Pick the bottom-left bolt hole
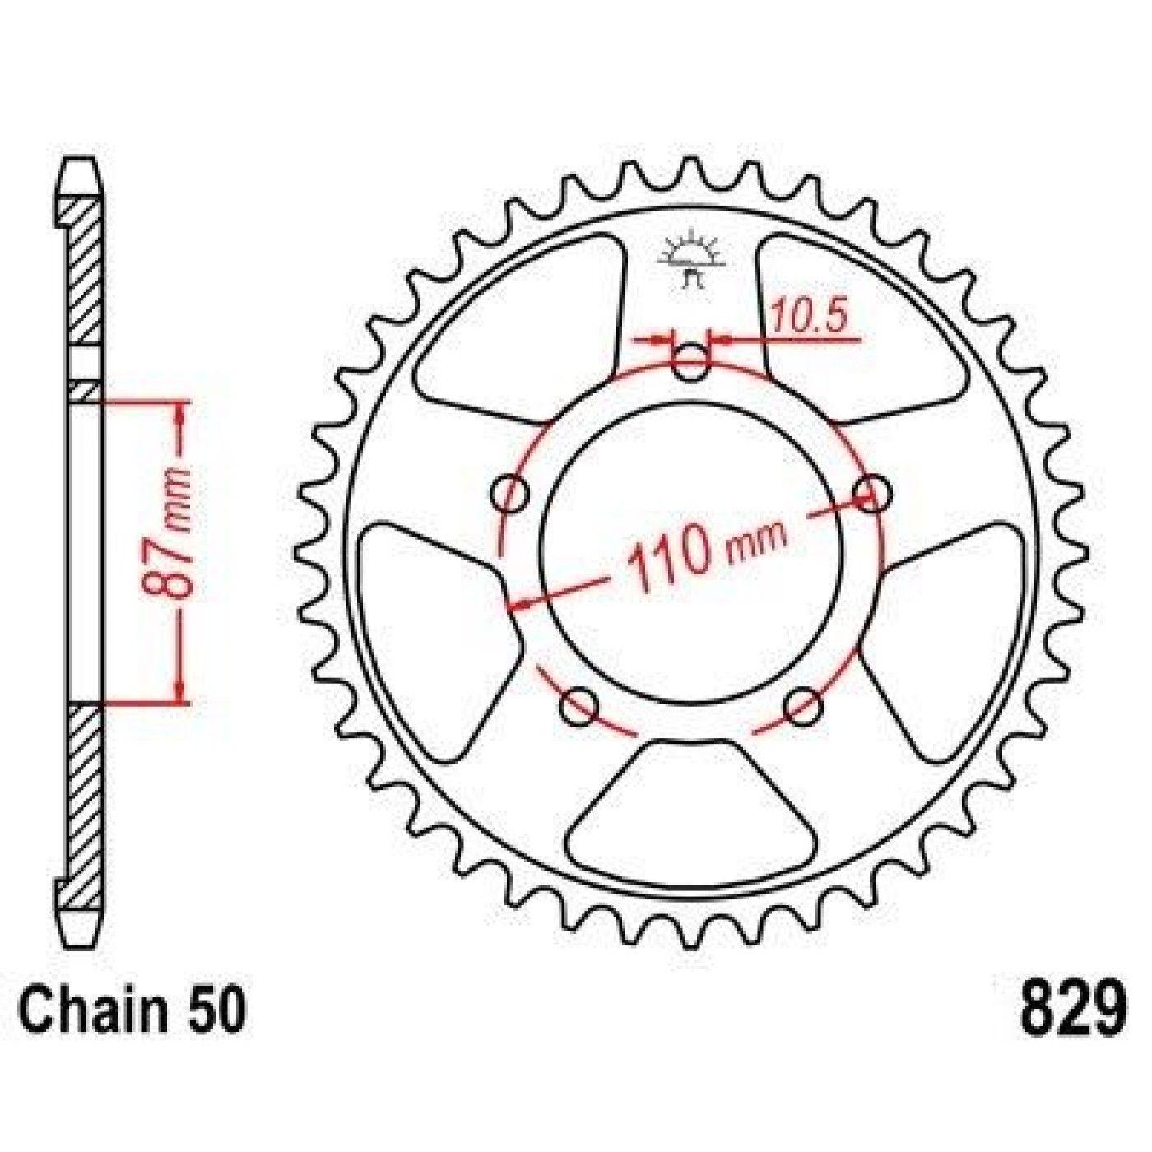click(579, 707)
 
